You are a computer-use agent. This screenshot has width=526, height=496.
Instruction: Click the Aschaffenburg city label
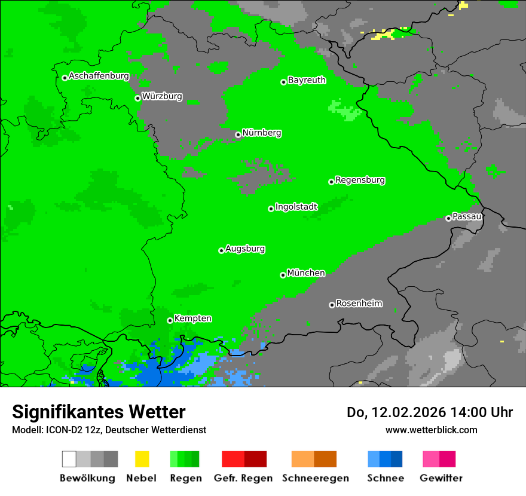pos(99,76)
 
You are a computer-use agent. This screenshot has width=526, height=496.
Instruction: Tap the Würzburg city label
pos(162,96)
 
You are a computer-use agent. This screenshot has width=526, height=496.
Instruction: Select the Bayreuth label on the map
pos(307,80)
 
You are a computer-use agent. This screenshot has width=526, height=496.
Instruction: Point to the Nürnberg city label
pos(261,133)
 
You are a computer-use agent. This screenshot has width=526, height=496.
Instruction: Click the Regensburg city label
pos(360,180)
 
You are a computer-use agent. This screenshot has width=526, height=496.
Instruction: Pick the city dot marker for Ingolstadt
pos(271,209)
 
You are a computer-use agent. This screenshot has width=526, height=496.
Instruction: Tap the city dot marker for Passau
pos(448,218)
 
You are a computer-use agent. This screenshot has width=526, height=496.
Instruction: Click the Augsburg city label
pos(245,249)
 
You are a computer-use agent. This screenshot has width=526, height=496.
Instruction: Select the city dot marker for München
pos(283,275)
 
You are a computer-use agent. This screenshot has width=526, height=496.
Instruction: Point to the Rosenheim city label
pos(359,304)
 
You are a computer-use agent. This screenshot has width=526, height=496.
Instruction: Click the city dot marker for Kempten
pos(170,320)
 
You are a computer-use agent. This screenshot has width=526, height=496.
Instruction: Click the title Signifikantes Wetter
pos(99,412)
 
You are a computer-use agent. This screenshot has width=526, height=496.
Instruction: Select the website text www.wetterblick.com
pos(431,430)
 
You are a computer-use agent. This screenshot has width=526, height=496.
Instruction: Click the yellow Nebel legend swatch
pos(142,459)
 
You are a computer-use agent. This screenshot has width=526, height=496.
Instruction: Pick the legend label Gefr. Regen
pos(243,478)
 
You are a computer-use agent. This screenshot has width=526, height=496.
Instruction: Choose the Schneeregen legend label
pos(315,478)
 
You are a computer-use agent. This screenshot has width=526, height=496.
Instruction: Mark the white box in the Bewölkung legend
pos(69,459)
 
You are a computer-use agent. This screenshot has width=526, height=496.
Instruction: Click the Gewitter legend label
pos(441,478)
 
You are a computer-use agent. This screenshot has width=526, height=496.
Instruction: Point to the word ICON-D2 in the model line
pos(64,430)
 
